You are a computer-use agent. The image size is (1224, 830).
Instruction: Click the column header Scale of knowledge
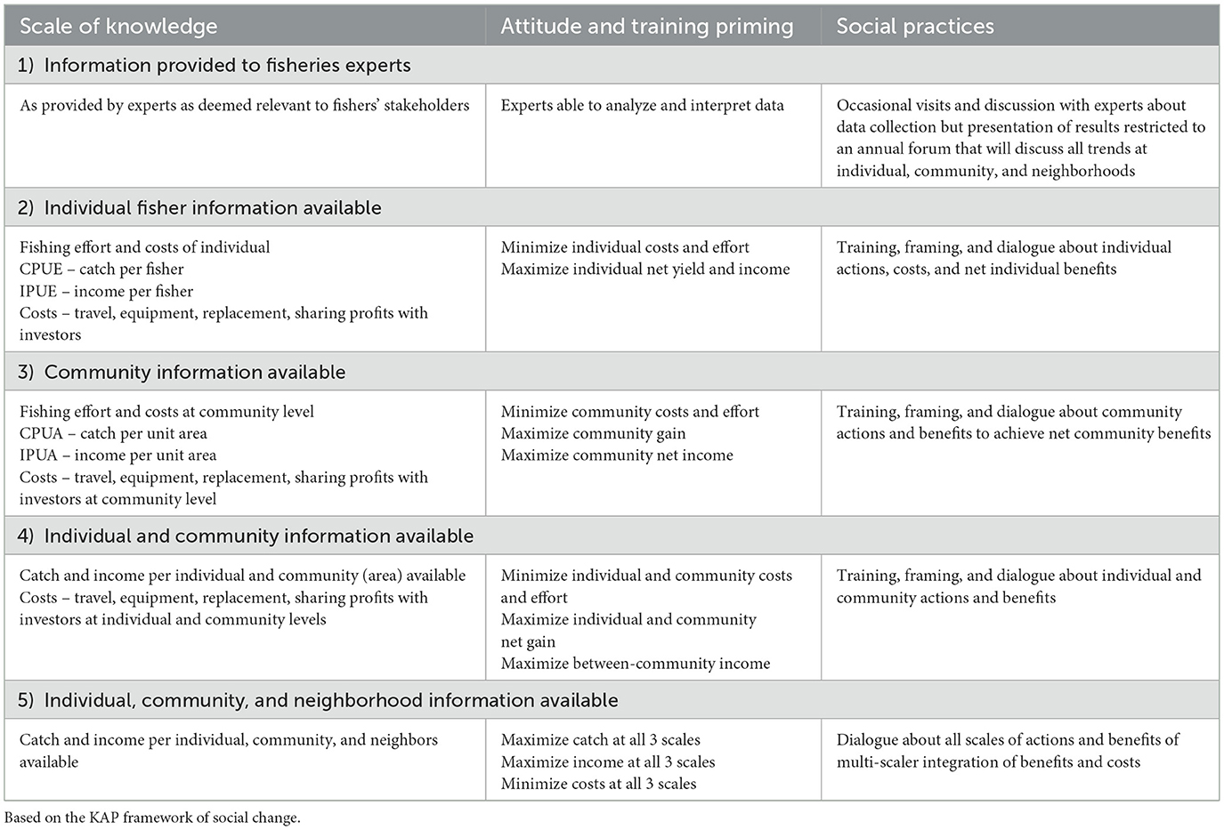click(118, 27)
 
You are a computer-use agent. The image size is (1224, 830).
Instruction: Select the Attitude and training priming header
click(646, 27)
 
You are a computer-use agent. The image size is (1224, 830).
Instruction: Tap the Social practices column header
click(914, 27)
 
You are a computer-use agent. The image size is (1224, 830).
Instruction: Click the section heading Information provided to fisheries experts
click(227, 66)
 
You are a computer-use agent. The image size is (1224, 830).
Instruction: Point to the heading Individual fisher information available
click(212, 208)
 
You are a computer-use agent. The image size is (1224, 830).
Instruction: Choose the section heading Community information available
click(194, 373)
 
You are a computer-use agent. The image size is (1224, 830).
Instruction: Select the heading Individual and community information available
click(258, 536)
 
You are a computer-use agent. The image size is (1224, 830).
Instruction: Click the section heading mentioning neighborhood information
click(330, 701)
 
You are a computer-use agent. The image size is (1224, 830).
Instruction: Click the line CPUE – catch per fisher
click(101, 270)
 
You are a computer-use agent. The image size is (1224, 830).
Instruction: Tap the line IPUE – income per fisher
click(106, 291)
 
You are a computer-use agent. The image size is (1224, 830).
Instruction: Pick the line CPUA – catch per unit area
click(113, 434)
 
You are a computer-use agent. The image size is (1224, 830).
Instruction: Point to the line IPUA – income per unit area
click(118, 455)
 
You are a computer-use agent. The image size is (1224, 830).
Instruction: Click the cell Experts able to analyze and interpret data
click(642, 106)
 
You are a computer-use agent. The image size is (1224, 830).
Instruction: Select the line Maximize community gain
click(593, 434)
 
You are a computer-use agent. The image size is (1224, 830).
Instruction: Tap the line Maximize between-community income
click(635, 664)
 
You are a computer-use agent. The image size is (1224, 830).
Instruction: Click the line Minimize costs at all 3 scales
click(598, 784)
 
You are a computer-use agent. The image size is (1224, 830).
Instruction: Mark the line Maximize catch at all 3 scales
click(600, 740)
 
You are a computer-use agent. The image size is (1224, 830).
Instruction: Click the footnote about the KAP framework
click(152, 818)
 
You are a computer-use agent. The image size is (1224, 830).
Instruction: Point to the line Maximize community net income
click(617, 455)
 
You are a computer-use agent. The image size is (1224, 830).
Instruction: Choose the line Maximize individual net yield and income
click(644, 270)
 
